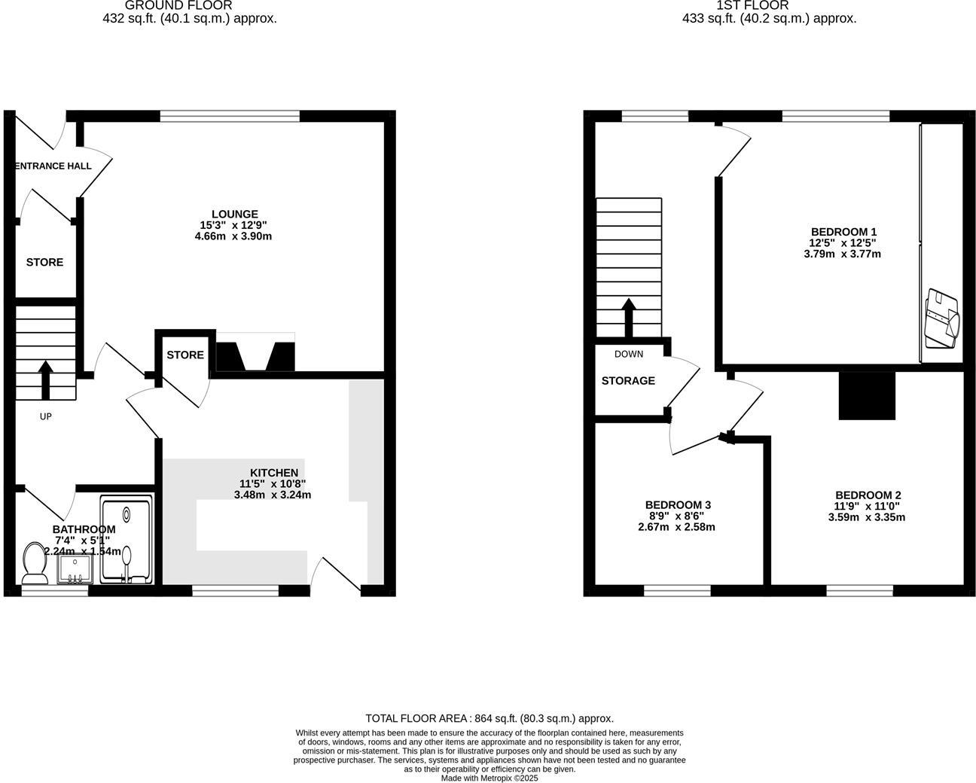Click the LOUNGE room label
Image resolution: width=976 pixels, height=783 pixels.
click(234, 215)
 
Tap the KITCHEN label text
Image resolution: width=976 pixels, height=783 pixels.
click(274, 473)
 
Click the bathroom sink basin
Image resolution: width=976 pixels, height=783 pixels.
click(75, 568)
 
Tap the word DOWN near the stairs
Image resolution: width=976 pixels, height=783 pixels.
click(629, 354)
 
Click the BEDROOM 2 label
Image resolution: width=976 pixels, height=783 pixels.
click(868, 495)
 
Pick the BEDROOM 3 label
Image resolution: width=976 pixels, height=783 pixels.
click(678, 505)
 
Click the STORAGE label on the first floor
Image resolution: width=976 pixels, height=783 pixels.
click(628, 381)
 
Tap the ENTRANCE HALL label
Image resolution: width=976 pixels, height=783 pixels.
click(53, 166)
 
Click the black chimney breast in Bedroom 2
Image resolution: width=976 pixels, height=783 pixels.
click(867, 396)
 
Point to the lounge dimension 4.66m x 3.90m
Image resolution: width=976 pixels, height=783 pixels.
click(233, 236)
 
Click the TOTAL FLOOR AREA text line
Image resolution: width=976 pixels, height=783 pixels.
click(490, 718)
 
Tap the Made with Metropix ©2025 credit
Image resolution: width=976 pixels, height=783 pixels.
click(490, 778)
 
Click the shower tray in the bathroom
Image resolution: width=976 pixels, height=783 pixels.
click(126, 539)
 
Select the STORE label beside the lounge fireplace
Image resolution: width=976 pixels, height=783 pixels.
click(185, 355)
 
